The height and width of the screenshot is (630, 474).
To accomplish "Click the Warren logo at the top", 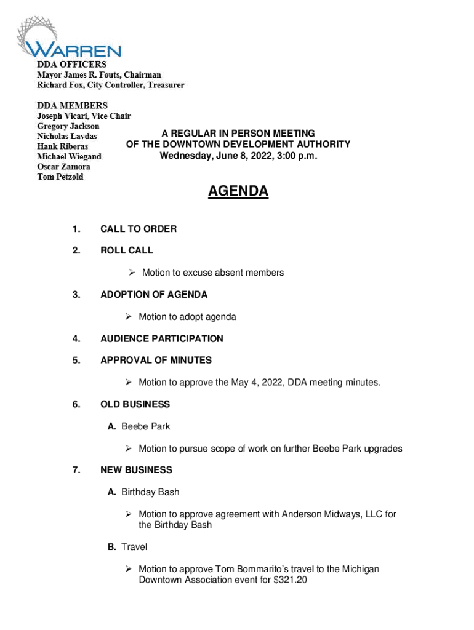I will click(x=68, y=38).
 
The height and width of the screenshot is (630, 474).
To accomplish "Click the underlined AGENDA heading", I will click(x=238, y=192).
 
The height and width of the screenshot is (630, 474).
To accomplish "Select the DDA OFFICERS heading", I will click(x=71, y=65).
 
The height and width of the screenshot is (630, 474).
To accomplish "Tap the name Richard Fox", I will click(x=60, y=85).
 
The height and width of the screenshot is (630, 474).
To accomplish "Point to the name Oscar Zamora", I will click(x=63, y=167).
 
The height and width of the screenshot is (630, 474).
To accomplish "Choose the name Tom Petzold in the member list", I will click(x=60, y=177).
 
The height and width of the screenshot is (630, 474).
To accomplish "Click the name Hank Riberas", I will click(x=62, y=146).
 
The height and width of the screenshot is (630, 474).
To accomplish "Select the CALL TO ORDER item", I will click(x=139, y=229).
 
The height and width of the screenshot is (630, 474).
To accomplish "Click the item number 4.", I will click(x=76, y=338).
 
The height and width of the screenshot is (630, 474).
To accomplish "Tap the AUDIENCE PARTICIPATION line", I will click(x=162, y=338).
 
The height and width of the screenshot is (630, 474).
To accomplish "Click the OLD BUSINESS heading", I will click(x=135, y=404).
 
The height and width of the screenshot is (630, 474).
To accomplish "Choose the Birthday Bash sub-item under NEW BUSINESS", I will click(x=150, y=492).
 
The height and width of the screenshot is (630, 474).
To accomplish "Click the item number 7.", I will click(x=76, y=470).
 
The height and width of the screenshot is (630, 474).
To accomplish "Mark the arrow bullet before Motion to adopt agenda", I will click(x=129, y=317).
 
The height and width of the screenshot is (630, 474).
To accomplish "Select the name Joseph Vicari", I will click(x=63, y=116).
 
